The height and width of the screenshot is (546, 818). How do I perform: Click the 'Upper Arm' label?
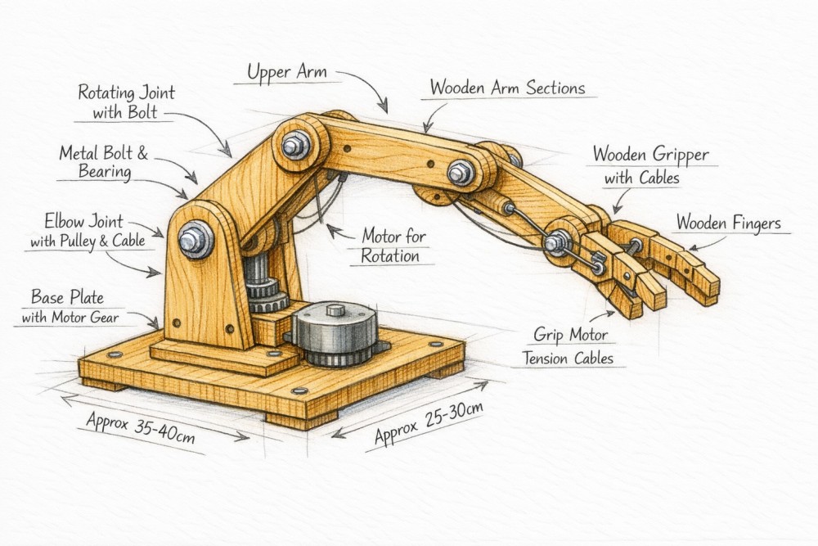point(288,72)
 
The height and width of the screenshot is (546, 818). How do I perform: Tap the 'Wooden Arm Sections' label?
point(507,87)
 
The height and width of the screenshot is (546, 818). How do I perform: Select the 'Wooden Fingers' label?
point(729,223)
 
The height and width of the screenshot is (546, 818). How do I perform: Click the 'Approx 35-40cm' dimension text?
point(140,427)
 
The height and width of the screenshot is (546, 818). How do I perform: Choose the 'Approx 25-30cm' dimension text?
point(427,421)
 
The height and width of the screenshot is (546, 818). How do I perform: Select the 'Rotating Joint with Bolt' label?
point(126,102)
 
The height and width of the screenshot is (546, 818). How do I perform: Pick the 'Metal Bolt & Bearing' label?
point(103,162)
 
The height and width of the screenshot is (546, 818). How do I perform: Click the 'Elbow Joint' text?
point(85,220)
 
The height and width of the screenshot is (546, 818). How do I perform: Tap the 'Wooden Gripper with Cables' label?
point(650,165)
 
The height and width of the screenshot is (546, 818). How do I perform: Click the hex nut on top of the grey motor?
point(335,310)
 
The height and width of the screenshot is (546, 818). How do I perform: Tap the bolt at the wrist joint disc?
point(560,241)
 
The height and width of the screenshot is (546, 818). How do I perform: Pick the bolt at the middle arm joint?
point(459,172)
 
